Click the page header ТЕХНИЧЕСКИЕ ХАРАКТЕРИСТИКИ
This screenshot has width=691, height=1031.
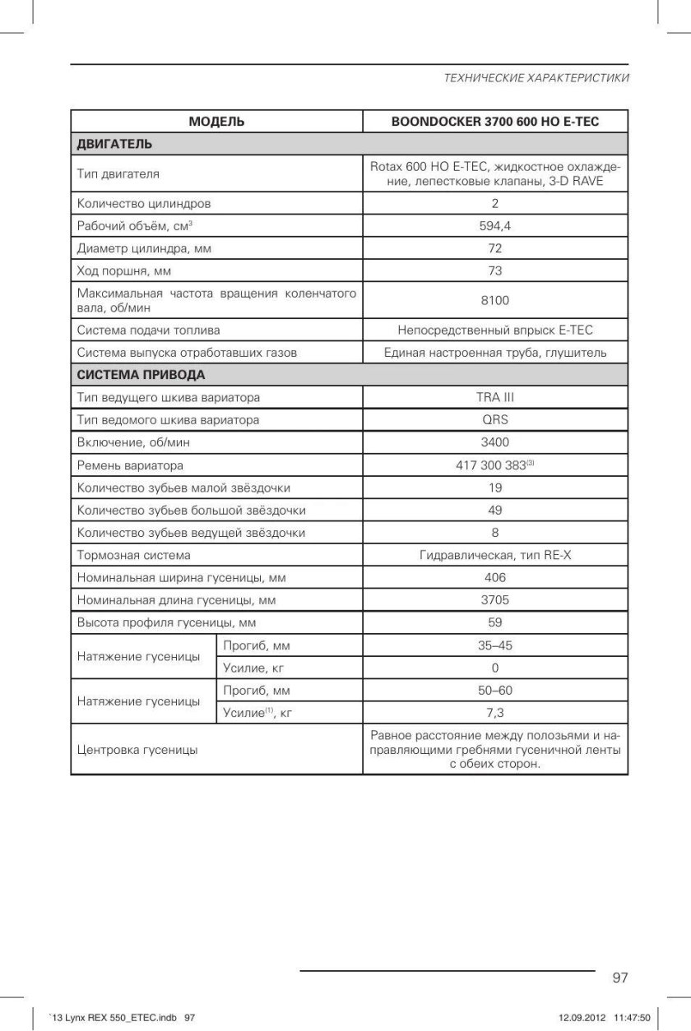[536, 78]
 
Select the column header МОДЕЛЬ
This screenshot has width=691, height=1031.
[216, 122]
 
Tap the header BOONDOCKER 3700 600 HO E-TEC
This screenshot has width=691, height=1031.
[495, 122]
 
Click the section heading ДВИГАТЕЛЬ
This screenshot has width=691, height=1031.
[114, 144]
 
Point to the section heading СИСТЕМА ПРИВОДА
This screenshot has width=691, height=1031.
[141, 375]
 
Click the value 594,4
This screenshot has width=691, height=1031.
[495, 226]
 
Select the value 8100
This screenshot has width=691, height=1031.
[495, 300]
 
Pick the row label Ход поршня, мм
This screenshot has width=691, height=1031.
[124, 270]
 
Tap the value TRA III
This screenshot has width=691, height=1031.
[495, 398]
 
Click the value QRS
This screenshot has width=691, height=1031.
[495, 420]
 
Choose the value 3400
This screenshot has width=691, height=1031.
[495, 442]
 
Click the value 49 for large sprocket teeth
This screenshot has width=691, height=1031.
[495, 511]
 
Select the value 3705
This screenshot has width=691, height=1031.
[495, 600]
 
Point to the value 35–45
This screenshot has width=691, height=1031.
[495, 645]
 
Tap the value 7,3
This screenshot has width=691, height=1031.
[495, 713]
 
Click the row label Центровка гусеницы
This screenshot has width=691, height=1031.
[137, 750]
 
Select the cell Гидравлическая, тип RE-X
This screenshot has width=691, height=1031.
[495, 556]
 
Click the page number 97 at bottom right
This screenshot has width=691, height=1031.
[620, 978]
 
